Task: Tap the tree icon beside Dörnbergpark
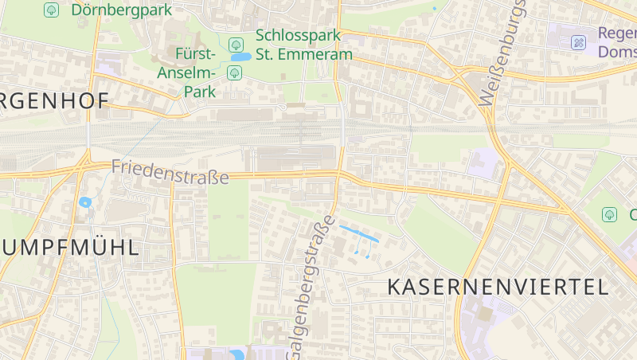52,10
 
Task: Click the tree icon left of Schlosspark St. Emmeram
235,45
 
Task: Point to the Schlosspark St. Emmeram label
303,45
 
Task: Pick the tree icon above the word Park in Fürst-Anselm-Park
234,73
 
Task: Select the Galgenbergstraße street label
311,284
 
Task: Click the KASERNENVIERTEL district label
498,287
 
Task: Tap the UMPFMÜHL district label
69,247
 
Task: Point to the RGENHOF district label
54,101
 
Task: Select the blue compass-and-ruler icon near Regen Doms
579,42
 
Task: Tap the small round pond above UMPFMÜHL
85,202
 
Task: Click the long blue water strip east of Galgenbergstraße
359,235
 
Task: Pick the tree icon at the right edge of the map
609,214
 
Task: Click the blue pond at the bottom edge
236,355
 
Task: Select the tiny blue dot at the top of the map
434,9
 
